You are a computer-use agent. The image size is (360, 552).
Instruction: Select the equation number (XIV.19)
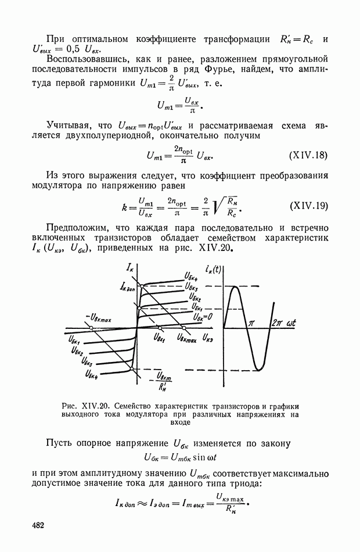(309, 206)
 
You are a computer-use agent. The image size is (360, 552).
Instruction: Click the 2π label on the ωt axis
(277, 323)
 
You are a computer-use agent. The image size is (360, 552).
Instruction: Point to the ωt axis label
(291, 323)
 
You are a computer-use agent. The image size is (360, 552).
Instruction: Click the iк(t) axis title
(213, 270)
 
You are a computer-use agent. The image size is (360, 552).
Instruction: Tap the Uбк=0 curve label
(202, 317)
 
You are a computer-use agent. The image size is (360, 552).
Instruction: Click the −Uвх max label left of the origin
(99, 318)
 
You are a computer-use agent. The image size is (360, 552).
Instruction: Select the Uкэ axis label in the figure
(208, 339)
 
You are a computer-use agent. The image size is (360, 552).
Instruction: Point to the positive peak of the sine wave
(235, 287)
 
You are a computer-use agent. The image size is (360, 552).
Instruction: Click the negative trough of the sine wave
(258, 370)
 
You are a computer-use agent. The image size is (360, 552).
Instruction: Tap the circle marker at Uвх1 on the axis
(160, 328)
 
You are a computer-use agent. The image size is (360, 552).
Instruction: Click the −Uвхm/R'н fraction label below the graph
(161, 382)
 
